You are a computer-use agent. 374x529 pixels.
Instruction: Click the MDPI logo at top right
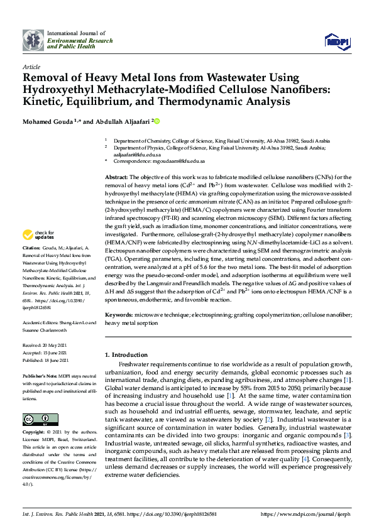(x=336, y=41)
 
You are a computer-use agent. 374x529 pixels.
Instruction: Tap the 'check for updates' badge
(x=37, y=235)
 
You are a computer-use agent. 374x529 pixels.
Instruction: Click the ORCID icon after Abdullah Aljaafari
(x=157, y=121)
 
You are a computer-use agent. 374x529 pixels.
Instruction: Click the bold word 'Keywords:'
(x=119, y=314)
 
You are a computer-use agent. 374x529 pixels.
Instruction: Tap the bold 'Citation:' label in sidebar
(x=33, y=249)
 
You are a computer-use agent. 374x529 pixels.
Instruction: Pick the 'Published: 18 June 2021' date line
(x=48, y=360)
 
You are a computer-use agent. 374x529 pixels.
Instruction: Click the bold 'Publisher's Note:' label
(x=40, y=374)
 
